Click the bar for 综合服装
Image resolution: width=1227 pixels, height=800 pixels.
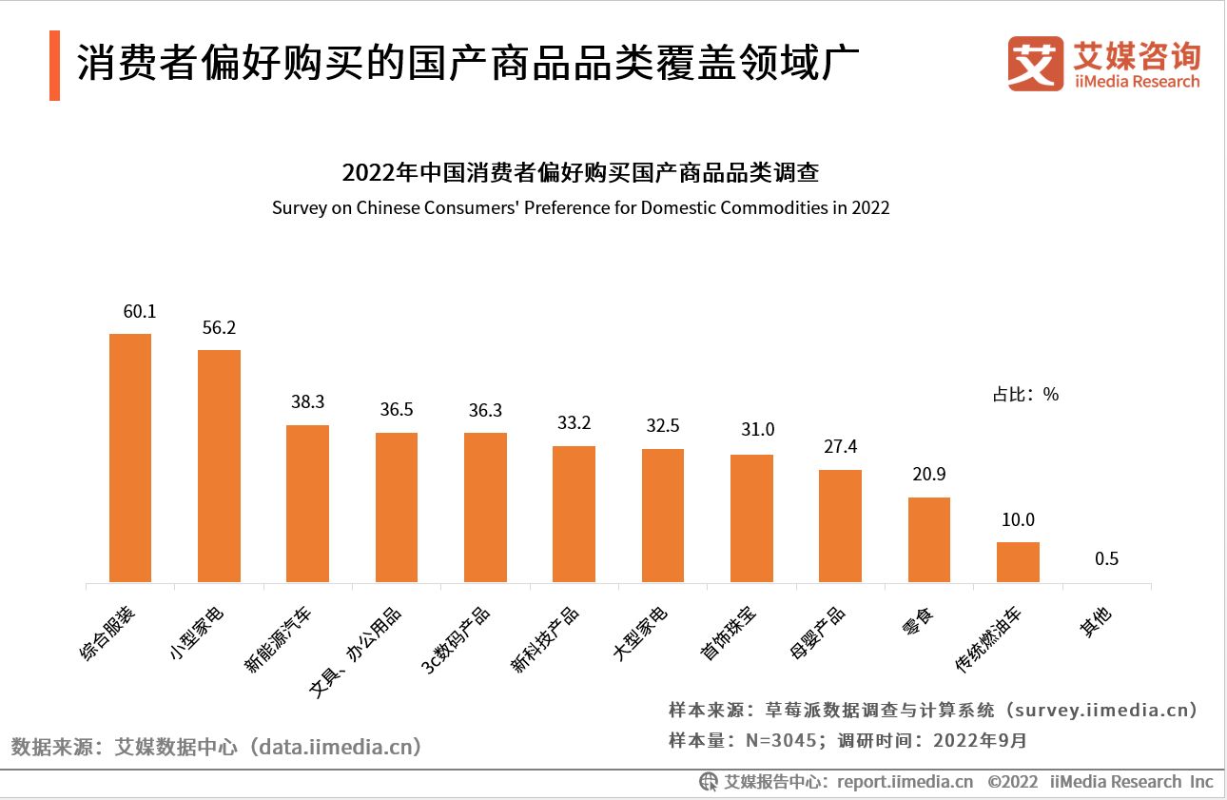pyautogui.click(x=130, y=458)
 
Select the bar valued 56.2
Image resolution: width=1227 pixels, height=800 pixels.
pyautogui.click(x=219, y=466)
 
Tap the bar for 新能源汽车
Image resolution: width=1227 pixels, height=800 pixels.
pyautogui.click(x=308, y=503)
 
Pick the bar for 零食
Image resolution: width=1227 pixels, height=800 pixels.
pyautogui.click(x=929, y=539)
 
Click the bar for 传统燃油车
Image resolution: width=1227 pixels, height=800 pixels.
pyautogui.click(x=1018, y=562)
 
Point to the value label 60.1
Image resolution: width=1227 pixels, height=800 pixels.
pyautogui.click(x=139, y=312)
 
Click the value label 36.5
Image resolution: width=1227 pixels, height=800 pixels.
pyautogui.click(x=397, y=410)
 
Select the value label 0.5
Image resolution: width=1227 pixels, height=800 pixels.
pyautogui.click(x=1106, y=558)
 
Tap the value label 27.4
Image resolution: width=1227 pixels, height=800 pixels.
pyautogui.click(x=840, y=447)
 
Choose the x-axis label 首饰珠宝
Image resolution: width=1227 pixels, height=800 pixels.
pyautogui.click(x=730, y=634)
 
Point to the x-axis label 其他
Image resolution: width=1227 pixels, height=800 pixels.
pyautogui.click(x=1096, y=624)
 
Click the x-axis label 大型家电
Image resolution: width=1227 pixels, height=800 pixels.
pyautogui.click(x=641, y=634)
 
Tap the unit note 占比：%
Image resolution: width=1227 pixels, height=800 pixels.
pyautogui.click(x=1025, y=394)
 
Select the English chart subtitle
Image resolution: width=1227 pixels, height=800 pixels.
pyautogui.click(x=580, y=207)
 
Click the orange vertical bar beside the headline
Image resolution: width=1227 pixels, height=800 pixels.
pyautogui.click(x=54, y=66)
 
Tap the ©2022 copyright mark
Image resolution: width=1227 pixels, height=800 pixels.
pyautogui.click(x=1012, y=782)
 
